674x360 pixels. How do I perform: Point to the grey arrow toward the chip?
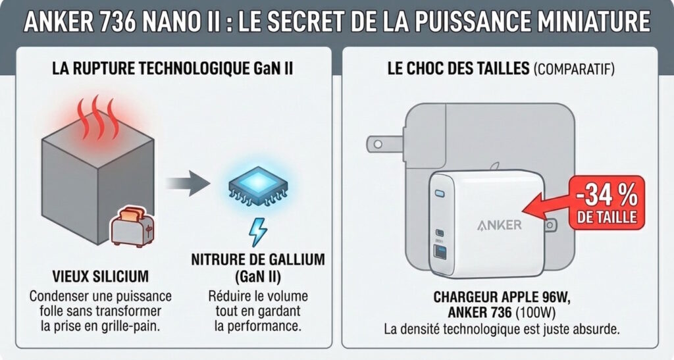coord(186,182)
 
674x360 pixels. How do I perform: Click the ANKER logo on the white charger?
coord(499,224)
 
